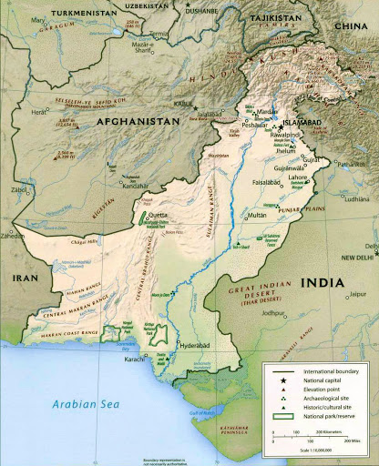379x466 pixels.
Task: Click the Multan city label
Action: [x=257, y=215]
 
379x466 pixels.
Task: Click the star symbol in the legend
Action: [x=284, y=380]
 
